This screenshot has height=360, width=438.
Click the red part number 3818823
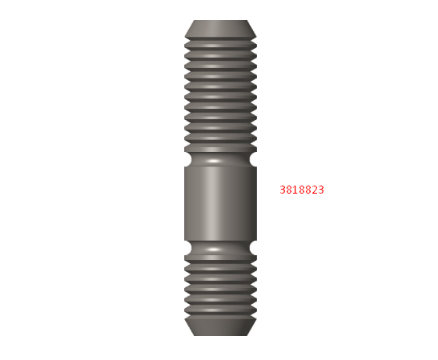pyautogui.click(x=302, y=190)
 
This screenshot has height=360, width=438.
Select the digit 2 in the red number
pyautogui.click(x=314, y=190)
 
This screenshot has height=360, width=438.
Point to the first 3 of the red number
pyautogui.click(x=283, y=190)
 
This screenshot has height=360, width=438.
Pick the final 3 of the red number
pyautogui.click(x=320, y=190)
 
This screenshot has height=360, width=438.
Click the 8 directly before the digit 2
pyautogui.click(x=307, y=190)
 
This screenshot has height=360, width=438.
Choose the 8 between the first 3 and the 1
pyautogui.click(x=289, y=190)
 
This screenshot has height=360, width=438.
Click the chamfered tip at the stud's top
pyautogui.click(x=220, y=28)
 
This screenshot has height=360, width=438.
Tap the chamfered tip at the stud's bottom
pyautogui.click(x=220, y=326)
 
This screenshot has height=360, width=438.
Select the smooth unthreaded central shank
pyautogui.click(x=220, y=203)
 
